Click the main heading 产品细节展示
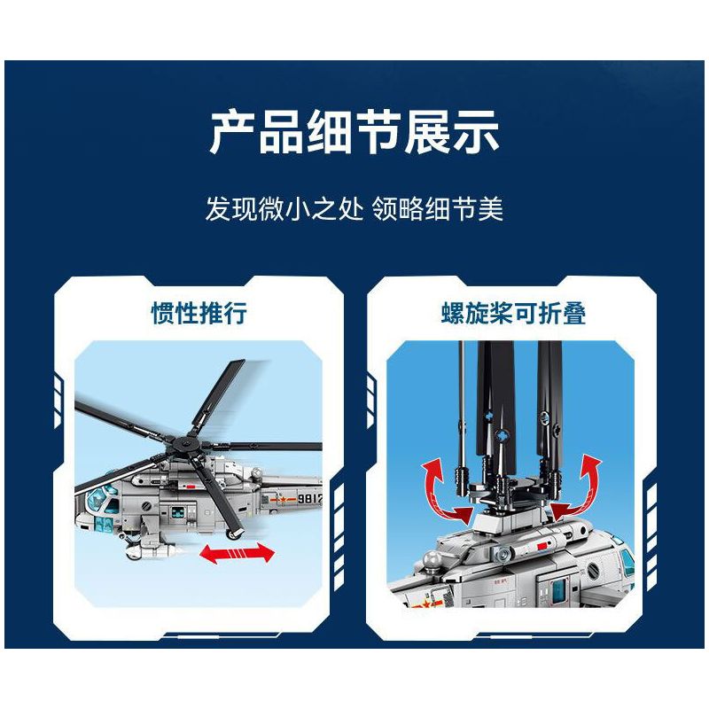point(354,133)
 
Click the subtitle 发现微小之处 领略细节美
point(354,211)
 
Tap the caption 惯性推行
point(199,314)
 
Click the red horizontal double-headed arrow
point(237,553)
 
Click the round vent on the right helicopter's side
point(502,553)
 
